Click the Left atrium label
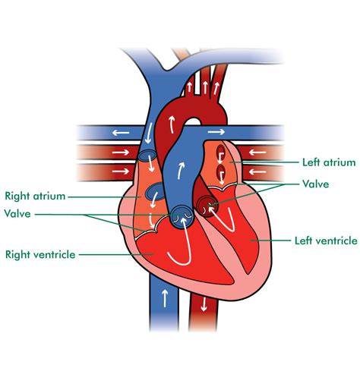coord(329,162)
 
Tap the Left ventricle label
coord(326,241)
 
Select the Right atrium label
coord(35,196)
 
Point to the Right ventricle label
coord(40,254)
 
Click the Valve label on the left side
coord(17,214)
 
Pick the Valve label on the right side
coord(316,184)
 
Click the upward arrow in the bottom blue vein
coord(165,298)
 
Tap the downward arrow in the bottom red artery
coord(204,304)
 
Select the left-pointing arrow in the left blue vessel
coord(121,133)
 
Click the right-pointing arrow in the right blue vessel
coord(216,132)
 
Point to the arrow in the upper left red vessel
coord(121,152)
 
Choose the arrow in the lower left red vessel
coord(121,171)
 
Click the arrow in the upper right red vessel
coord(257,152)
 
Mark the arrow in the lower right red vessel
coord(257,172)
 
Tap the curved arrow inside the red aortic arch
coord(172,124)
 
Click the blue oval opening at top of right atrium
coord(147,155)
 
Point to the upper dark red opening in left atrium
coord(219,151)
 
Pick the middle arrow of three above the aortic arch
coord(205,87)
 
